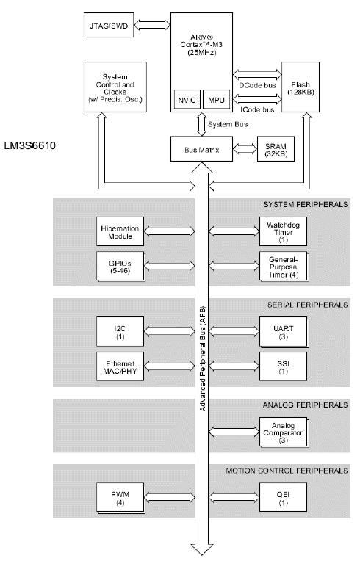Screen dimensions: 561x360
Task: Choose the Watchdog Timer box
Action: point(282,230)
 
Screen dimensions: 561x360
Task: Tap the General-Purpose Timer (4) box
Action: point(282,265)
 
